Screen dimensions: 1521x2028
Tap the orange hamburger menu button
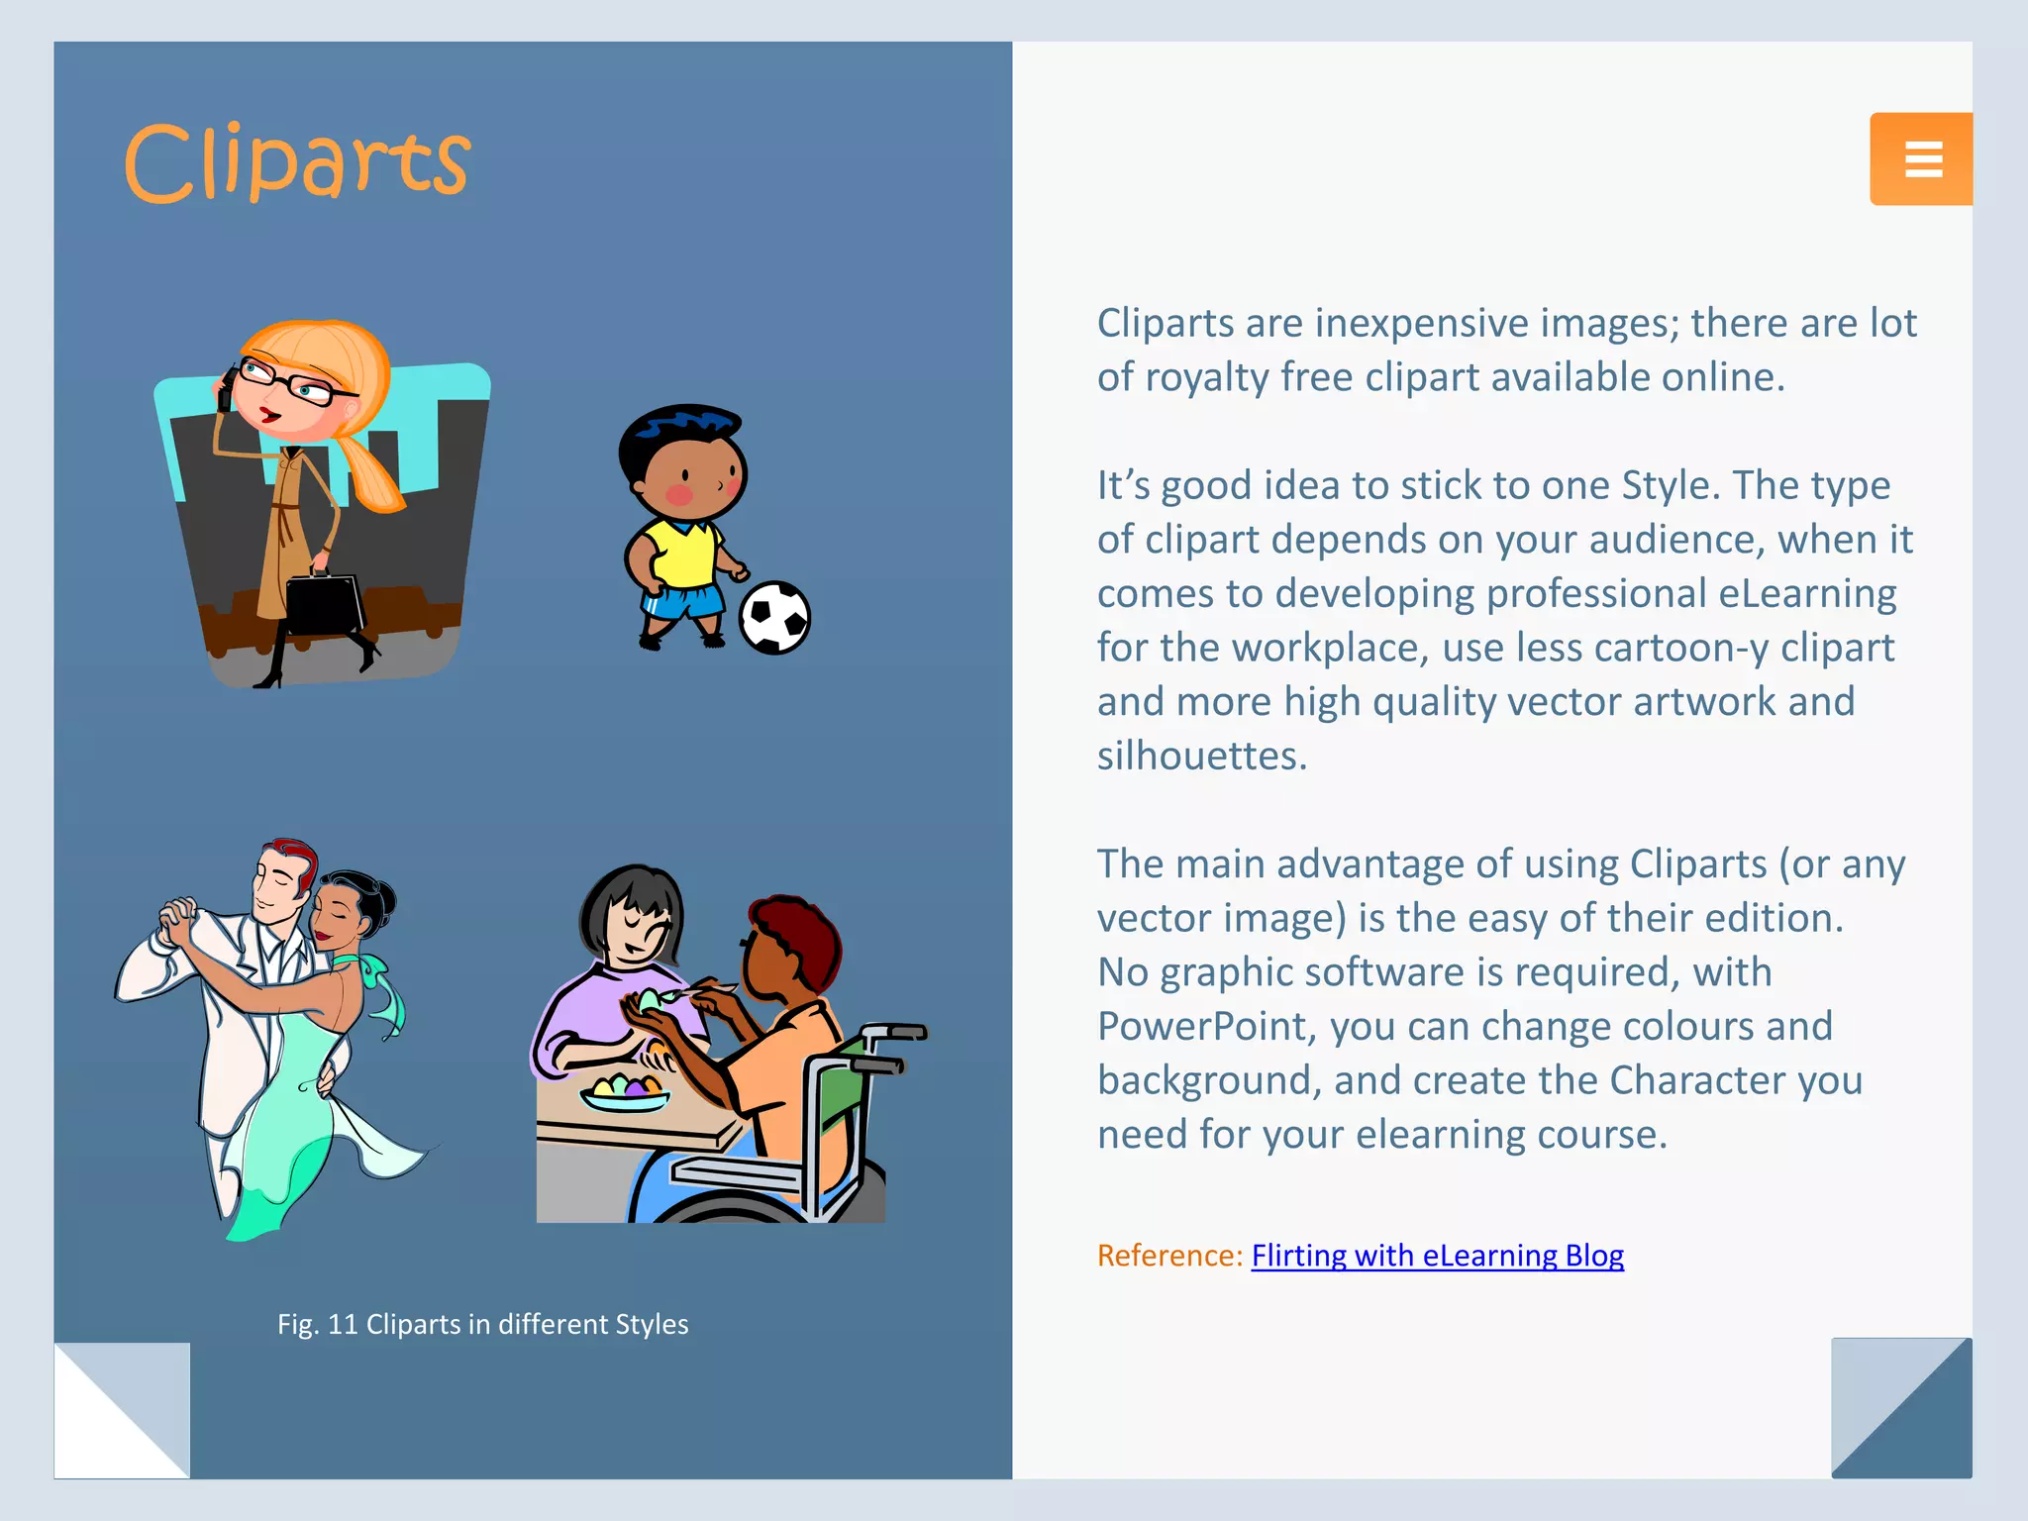tap(1921, 159)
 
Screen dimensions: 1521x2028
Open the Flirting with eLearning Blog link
tap(1437, 1256)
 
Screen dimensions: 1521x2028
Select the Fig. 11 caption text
tap(482, 1324)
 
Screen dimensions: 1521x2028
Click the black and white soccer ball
tap(775, 618)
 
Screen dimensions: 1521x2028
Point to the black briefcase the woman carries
tap(325, 600)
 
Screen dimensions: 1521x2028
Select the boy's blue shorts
tap(683, 600)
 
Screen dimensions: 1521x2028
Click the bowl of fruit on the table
tap(625, 1091)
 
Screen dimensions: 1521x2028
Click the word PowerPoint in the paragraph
tap(1207, 1026)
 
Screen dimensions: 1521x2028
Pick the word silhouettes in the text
tap(1201, 756)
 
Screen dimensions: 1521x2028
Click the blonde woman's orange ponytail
tap(371, 470)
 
